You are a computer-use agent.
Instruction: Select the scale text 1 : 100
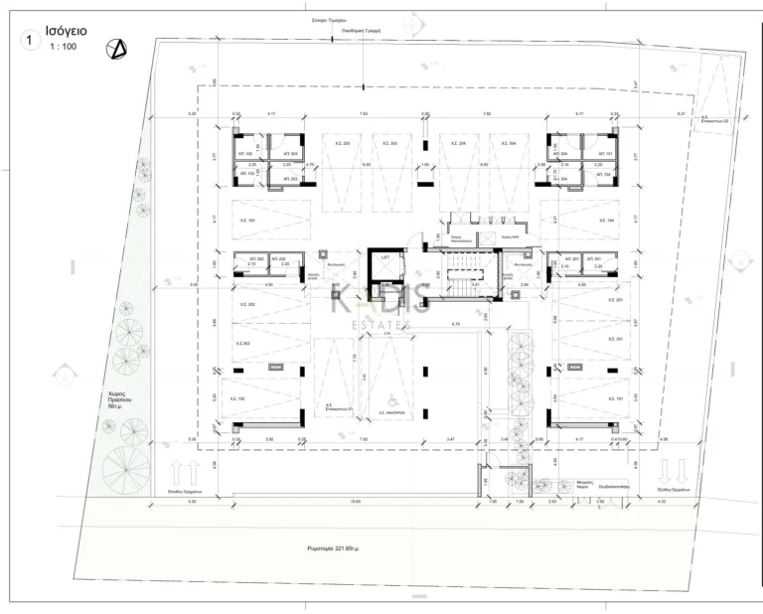[67, 47]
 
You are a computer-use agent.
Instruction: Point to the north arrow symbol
[118, 46]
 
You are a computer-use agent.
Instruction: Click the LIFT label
[384, 256]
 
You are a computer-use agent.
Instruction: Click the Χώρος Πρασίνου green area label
[119, 400]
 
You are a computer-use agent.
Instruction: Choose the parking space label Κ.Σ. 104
[608, 220]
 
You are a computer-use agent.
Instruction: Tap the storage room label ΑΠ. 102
[244, 154]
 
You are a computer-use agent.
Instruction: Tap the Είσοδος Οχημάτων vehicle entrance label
[186, 491]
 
